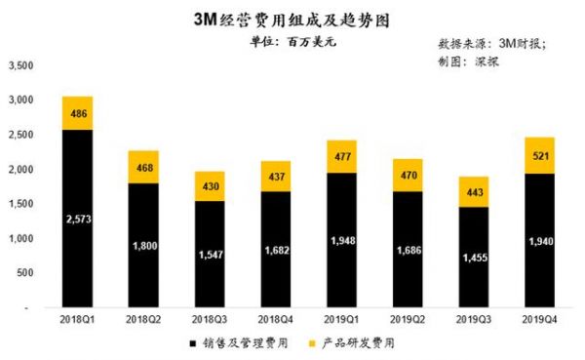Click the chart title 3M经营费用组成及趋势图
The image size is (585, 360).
(x=292, y=18)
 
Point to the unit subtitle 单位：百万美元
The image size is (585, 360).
(x=292, y=43)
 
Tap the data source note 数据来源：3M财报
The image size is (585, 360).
(x=491, y=44)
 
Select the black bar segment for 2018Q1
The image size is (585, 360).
(x=78, y=218)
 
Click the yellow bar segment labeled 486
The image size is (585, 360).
(x=78, y=113)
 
